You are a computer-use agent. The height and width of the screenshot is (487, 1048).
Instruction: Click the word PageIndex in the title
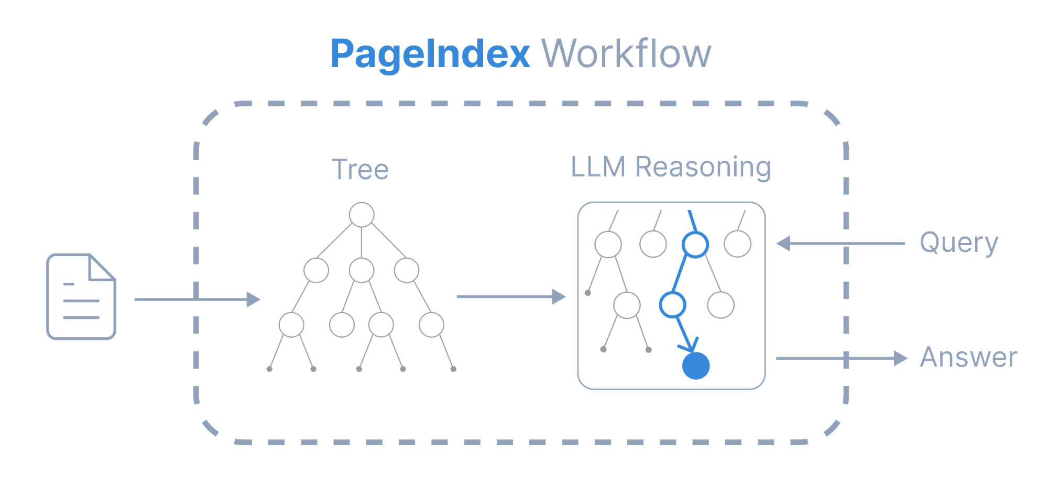point(430,54)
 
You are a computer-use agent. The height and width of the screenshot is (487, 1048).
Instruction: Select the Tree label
point(361,169)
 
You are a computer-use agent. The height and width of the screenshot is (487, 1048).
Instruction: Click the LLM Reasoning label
point(671,167)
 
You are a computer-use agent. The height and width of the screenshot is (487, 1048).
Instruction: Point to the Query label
point(959,243)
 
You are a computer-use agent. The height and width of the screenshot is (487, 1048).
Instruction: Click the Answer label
point(969,357)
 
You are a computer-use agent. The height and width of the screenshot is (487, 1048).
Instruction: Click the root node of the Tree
point(362,215)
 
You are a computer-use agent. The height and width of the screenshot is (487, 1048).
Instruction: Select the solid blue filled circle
point(696,366)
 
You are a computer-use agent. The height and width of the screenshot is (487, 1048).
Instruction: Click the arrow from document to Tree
point(198,300)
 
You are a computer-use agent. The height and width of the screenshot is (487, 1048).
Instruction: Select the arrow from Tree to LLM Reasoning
point(511,297)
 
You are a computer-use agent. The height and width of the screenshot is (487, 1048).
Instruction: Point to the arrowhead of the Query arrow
point(783,243)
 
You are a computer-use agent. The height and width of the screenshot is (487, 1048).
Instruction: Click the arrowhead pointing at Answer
point(901,358)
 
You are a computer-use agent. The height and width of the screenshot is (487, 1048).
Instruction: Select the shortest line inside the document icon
point(69,284)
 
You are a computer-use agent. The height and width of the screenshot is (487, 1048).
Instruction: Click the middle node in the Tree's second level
point(362,271)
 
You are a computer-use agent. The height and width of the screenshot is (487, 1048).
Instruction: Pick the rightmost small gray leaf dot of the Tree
point(453,369)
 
